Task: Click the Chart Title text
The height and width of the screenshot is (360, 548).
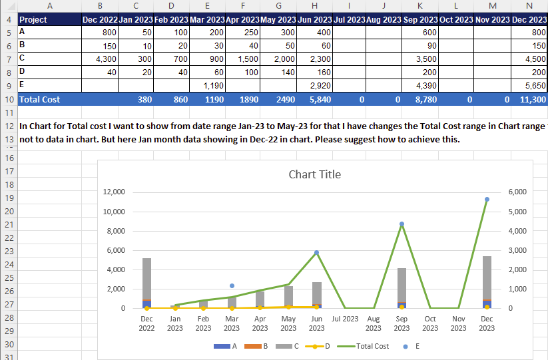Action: (314, 174)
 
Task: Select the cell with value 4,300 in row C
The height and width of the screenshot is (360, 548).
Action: (99, 59)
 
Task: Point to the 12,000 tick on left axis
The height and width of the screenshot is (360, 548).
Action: (113, 192)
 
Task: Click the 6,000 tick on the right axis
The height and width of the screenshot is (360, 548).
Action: (517, 192)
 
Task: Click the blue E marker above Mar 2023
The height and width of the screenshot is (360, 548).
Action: (232, 285)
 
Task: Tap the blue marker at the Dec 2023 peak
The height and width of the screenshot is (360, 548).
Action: (487, 199)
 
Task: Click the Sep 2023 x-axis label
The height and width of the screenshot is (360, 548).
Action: (402, 323)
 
